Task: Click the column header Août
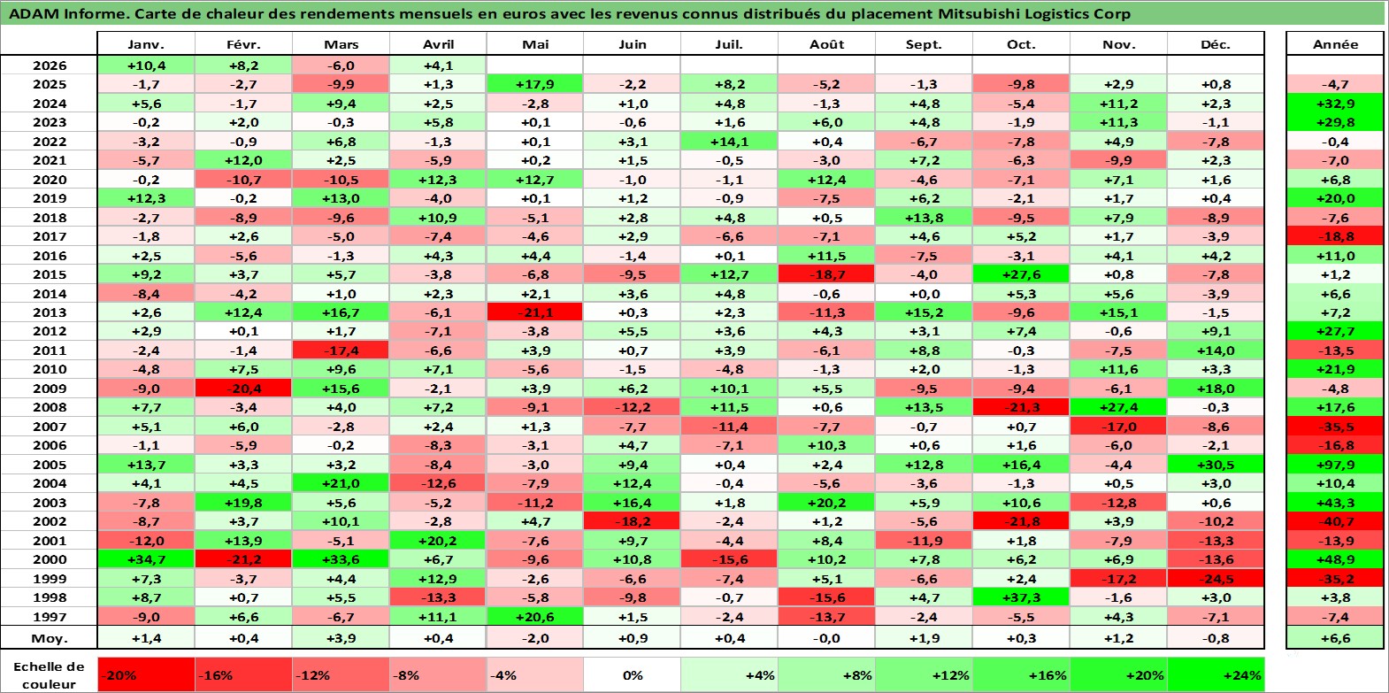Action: click(x=826, y=44)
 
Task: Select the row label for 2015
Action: click(x=50, y=274)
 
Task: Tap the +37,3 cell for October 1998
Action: click(x=1021, y=597)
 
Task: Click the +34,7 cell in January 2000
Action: click(x=146, y=559)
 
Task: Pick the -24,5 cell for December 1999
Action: click(x=1216, y=579)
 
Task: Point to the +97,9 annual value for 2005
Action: click(x=1335, y=465)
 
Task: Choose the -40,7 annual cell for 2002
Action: click(x=1335, y=522)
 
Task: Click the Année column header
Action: click(x=1335, y=44)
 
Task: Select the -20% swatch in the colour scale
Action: click(x=146, y=675)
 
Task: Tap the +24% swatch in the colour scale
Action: click(x=1216, y=675)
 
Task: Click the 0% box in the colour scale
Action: click(x=632, y=675)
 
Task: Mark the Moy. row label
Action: click(x=50, y=638)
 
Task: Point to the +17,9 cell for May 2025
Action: click(x=535, y=84)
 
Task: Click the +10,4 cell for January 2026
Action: click(x=146, y=65)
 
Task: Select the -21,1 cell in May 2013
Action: click(x=535, y=312)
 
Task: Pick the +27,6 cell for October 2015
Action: click(x=1021, y=274)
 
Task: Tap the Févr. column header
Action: click(x=243, y=44)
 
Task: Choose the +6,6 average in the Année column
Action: click(x=1335, y=638)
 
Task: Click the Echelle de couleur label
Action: click(x=49, y=675)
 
